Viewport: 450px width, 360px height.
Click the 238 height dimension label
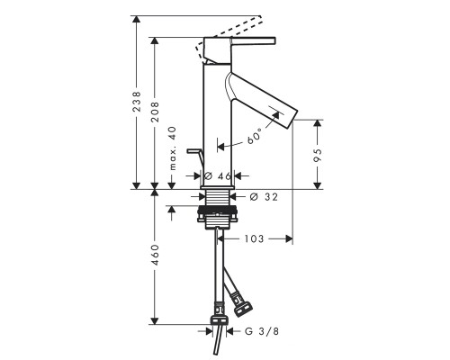click(137, 102)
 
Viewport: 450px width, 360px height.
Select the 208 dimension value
click(155, 112)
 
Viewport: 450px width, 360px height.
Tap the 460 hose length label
click(155, 255)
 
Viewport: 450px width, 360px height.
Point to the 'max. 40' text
click(173, 148)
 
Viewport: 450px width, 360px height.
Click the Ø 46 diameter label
click(217, 176)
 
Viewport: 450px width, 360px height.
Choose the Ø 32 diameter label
click(264, 197)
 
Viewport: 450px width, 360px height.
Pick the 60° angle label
click(255, 136)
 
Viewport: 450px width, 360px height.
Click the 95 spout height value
click(317, 155)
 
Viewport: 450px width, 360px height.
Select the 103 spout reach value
click(254, 238)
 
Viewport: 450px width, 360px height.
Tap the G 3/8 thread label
click(262, 331)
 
